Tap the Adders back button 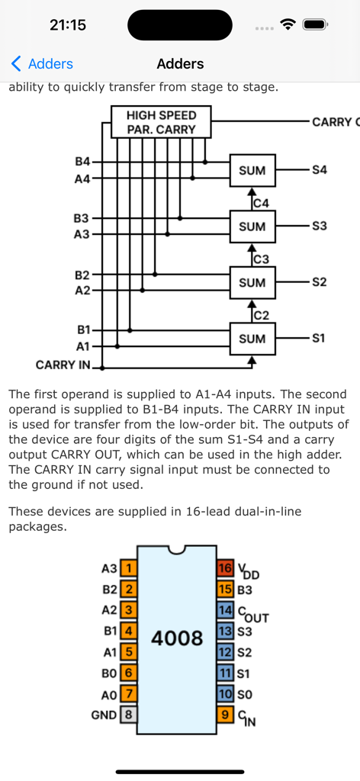42,64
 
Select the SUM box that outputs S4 252,171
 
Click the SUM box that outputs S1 252,339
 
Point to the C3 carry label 261,259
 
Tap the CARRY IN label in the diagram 63,365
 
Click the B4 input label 82,162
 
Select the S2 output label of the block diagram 319,282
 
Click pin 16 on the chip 225,568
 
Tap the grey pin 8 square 129,715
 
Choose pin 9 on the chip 225,715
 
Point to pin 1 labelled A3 129,568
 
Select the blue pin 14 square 225,610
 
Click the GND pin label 104,715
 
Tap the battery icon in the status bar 315,24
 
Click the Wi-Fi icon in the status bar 288,24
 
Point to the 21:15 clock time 68,24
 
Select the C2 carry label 261,315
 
